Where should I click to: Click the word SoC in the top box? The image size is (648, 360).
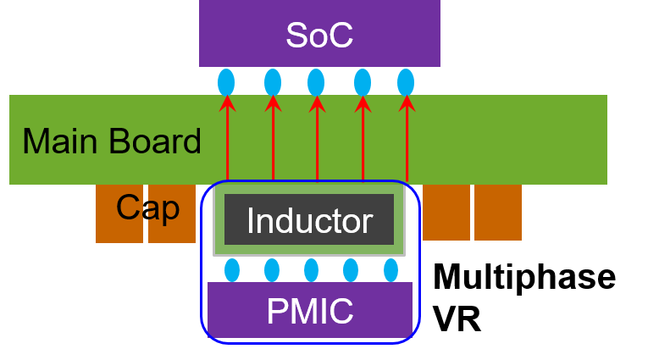point(318,36)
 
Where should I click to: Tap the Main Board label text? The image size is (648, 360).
point(112,141)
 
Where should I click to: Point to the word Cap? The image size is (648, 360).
point(147,208)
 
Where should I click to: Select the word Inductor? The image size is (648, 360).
point(309,221)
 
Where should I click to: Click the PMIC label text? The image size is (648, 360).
point(309,311)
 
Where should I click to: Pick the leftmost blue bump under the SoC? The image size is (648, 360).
point(226,82)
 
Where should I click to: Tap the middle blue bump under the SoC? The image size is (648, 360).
point(316,82)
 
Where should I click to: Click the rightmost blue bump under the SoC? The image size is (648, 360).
point(406,82)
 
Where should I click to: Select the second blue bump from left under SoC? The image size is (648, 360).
point(273,82)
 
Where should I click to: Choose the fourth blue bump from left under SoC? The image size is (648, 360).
point(363,82)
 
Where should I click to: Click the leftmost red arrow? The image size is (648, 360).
point(227,140)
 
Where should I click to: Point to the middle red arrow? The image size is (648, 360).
point(317,140)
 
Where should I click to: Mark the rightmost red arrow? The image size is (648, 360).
point(407,140)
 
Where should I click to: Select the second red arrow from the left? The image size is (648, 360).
point(273,140)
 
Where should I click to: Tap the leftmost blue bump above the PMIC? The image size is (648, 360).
point(232,270)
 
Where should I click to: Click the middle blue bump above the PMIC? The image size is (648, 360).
point(311,270)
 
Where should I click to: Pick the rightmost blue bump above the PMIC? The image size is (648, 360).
point(390,270)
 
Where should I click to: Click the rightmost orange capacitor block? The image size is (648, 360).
point(497,213)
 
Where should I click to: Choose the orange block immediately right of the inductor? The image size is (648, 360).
point(446,213)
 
